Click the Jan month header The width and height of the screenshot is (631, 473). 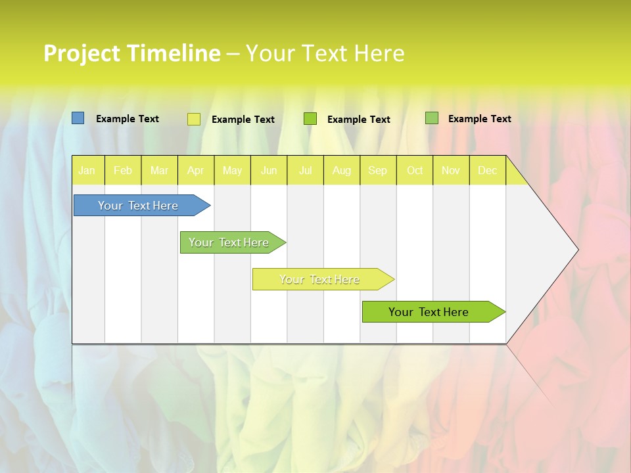87,171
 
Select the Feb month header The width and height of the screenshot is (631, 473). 123,171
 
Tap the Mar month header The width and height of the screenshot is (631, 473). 159,171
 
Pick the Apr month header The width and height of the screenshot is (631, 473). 196,171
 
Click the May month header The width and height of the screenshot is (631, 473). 232,171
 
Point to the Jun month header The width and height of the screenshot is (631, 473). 269,171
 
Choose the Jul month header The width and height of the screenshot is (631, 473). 305,171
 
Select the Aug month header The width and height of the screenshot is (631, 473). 342,171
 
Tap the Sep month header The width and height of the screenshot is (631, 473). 378,171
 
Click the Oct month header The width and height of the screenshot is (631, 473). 415,171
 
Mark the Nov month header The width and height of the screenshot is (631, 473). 451,171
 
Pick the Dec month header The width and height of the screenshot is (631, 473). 488,171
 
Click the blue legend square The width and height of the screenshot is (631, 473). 78,118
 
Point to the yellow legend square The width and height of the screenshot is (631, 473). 194,119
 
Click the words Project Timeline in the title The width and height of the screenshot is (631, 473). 131,53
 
